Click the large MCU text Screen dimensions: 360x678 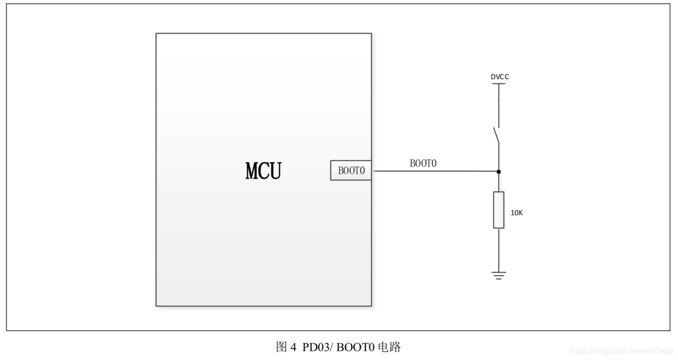click(x=263, y=171)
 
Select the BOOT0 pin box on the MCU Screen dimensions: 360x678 click(x=351, y=171)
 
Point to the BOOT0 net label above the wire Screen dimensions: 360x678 click(x=423, y=163)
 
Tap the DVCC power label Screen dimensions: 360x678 click(x=499, y=77)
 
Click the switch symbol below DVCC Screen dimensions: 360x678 click(x=496, y=135)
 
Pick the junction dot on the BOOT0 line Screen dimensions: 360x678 click(x=499, y=171)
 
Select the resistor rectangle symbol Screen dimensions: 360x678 click(x=499, y=210)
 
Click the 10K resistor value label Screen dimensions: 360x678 click(x=517, y=212)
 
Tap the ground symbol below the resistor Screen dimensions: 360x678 click(x=499, y=275)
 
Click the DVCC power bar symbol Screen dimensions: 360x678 click(x=499, y=84)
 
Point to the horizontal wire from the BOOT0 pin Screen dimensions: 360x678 click(x=434, y=171)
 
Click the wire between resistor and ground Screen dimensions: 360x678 click(x=499, y=250)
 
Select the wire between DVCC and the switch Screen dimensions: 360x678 click(x=499, y=105)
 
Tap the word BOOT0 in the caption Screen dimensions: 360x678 click(x=355, y=347)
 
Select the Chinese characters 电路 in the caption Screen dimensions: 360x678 click(x=389, y=347)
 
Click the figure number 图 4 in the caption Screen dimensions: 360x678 click(x=286, y=347)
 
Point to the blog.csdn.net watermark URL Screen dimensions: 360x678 click(x=622, y=351)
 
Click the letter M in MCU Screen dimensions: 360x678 click(x=252, y=171)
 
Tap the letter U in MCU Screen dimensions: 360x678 click(x=275, y=171)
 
